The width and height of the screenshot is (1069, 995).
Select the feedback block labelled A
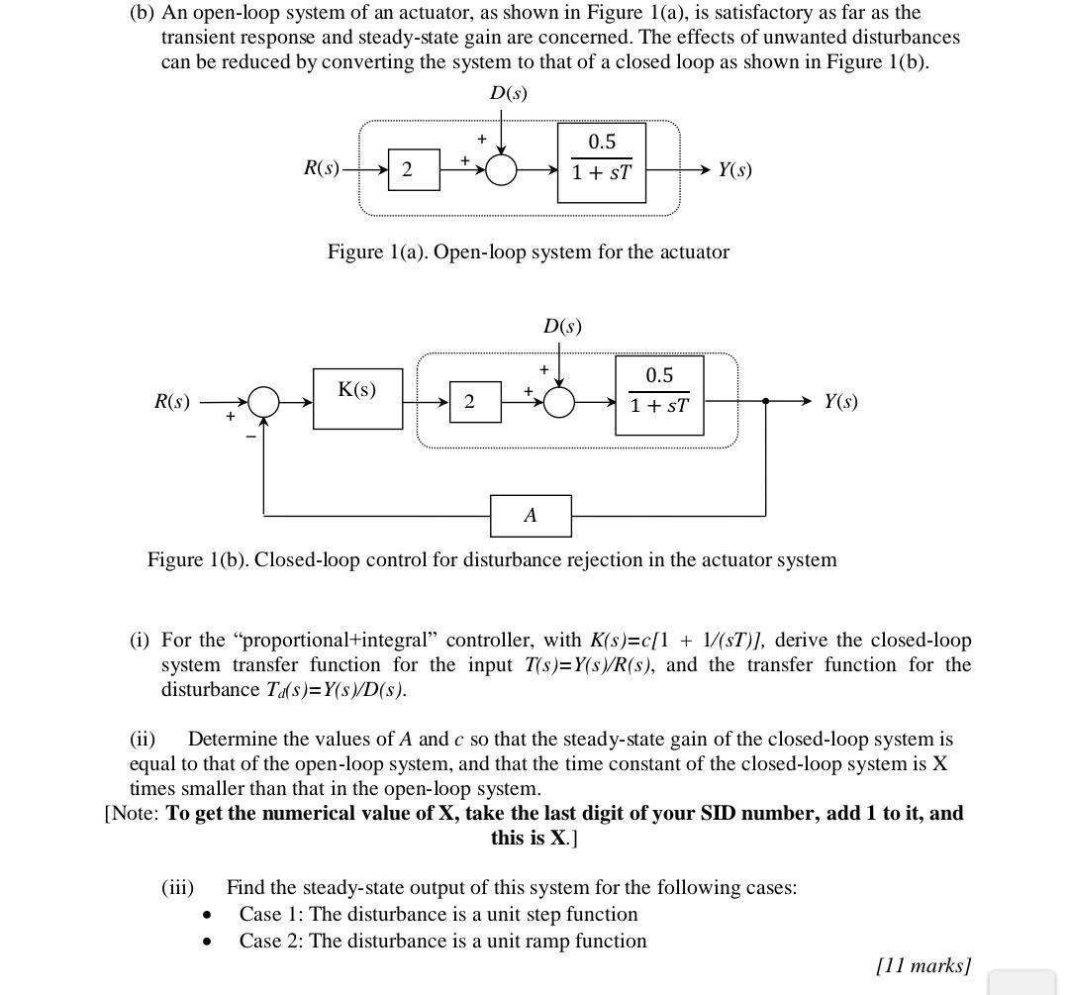pyautogui.click(x=531, y=515)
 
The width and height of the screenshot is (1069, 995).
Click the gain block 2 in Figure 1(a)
pyautogui.click(x=407, y=170)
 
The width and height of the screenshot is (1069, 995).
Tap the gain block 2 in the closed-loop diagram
pyautogui.click(x=469, y=402)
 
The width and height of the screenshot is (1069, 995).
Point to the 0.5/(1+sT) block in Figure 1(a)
pyautogui.click(x=601, y=162)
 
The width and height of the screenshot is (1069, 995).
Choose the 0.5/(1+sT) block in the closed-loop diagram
pyautogui.click(x=659, y=395)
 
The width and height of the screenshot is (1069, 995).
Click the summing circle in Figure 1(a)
pyautogui.click(x=502, y=170)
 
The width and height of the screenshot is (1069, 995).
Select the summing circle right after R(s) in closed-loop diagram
pyautogui.click(x=263, y=402)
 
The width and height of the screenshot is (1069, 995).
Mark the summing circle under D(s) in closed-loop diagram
pyautogui.click(x=559, y=402)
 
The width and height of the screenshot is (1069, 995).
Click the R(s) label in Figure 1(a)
pyautogui.click(x=322, y=168)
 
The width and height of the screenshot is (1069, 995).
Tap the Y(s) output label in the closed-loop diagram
pyautogui.click(x=840, y=402)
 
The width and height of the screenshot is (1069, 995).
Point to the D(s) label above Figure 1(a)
pyautogui.click(x=509, y=93)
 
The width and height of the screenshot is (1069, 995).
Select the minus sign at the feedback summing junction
pyautogui.click(x=249, y=435)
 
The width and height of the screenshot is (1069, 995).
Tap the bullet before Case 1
pyautogui.click(x=207, y=916)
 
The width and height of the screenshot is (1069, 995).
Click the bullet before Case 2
pyautogui.click(x=207, y=943)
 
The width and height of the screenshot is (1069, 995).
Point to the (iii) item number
pyautogui.click(x=177, y=887)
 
